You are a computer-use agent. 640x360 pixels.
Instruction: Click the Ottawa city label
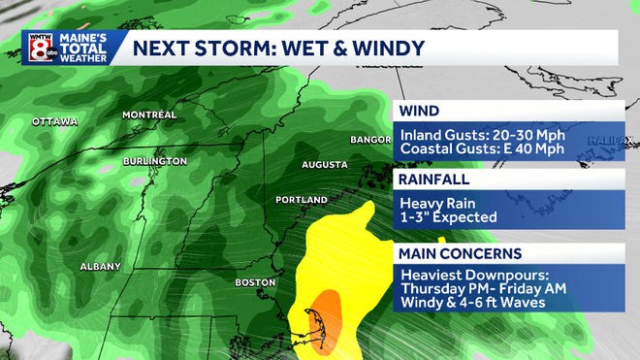pos(53,121)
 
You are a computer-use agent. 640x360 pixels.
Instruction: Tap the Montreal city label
pos(148,115)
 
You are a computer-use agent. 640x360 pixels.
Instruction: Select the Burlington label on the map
pos(155,160)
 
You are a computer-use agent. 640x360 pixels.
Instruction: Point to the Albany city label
pos(100,266)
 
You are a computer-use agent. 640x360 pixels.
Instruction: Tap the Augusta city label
pos(324,165)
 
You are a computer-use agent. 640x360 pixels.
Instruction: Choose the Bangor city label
pos(369,140)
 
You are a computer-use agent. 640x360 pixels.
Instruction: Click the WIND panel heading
pos(417,112)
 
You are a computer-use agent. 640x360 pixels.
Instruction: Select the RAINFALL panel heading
pos(433,180)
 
